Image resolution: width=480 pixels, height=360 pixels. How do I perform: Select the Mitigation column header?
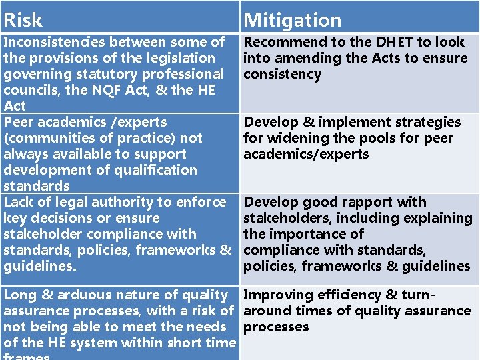tap(292, 20)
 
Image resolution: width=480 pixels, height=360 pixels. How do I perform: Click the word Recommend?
tap(283, 42)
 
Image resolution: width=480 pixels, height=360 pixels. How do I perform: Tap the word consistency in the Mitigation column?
tap(282, 74)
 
